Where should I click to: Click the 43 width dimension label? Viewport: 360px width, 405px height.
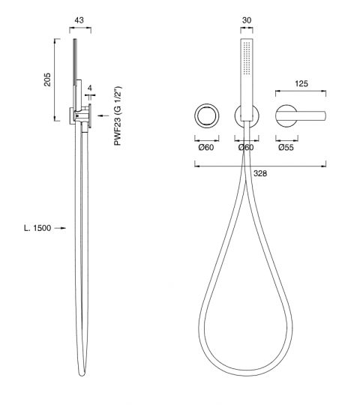[79, 20]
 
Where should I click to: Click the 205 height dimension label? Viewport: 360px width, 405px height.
[47, 79]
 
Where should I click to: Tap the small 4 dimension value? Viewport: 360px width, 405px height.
[89, 88]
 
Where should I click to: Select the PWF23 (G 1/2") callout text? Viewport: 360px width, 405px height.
[118, 115]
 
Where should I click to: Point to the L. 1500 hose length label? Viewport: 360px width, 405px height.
[37, 228]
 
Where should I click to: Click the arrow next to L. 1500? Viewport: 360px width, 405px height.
[61, 228]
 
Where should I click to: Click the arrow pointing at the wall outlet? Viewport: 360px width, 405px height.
[103, 115]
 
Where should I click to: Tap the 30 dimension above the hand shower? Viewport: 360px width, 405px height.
[247, 20]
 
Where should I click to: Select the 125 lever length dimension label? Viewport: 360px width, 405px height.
[301, 84]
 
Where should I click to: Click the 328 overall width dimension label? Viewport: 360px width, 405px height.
[260, 173]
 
